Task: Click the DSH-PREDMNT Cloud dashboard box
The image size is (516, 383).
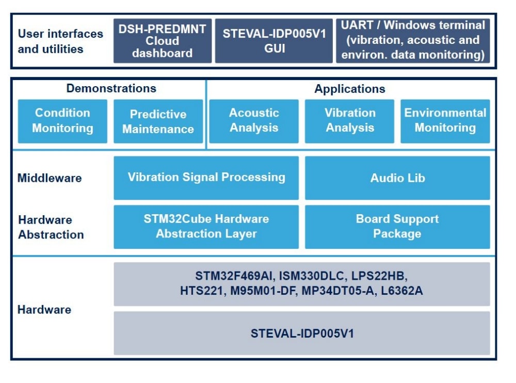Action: tap(163, 41)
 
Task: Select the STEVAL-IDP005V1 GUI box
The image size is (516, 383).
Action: tap(274, 41)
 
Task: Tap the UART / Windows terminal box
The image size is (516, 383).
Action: tap(413, 40)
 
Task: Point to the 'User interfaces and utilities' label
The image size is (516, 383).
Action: tap(60, 41)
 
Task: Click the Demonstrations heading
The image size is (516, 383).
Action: tap(111, 88)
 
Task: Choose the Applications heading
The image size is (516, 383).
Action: tap(350, 89)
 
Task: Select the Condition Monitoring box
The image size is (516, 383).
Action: tap(62, 121)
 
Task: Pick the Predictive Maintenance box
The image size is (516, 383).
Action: tap(158, 121)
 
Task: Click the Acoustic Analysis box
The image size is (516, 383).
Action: tap(254, 121)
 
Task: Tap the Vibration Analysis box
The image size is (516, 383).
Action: tap(350, 121)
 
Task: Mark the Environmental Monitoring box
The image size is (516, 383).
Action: tap(445, 121)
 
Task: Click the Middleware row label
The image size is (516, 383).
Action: tap(50, 178)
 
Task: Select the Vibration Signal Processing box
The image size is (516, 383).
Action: tap(206, 178)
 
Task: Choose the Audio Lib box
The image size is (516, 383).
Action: tap(397, 178)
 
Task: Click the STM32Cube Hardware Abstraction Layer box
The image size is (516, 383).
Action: tap(206, 227)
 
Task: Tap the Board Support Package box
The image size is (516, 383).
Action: tap(397, 227)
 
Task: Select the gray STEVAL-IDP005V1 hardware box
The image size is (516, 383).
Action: tap(302, 333)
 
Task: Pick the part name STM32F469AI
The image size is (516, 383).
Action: tap(226, 275)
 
